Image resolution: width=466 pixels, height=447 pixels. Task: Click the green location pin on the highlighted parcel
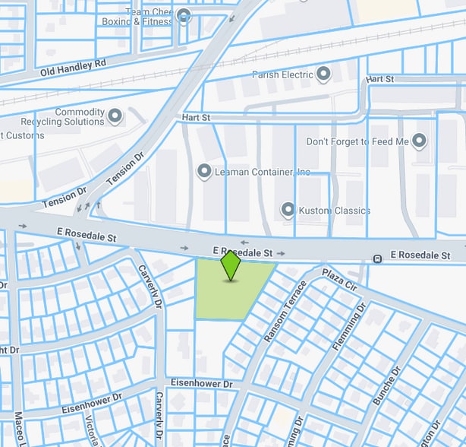231,266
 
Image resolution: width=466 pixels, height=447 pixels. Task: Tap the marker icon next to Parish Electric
324,74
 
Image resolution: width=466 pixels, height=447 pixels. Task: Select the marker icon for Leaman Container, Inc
204,172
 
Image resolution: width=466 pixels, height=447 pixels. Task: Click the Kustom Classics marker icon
288,209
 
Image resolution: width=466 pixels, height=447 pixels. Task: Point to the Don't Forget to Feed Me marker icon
420,141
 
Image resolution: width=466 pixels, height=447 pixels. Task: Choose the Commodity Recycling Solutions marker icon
115,116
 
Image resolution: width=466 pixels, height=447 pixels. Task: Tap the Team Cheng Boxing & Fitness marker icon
183,15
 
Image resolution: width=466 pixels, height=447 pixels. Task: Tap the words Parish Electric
282,75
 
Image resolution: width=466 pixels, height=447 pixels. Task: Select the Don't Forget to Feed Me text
357,142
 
